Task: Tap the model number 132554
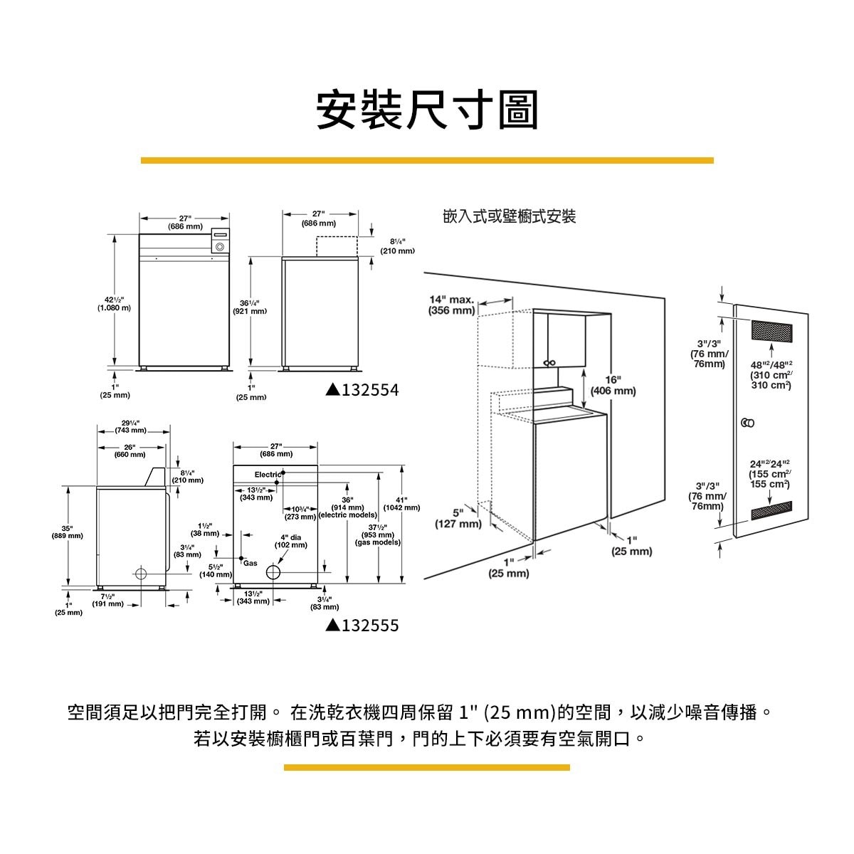coord(362,390)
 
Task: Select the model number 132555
coord(362,626)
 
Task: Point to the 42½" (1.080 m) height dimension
coord(114,304)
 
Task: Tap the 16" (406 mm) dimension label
coord(613,385)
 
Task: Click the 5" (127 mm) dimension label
coord(458,518)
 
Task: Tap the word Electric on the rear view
coord(268,475)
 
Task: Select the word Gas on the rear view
coord(250,563)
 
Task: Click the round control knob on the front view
coord(220,247)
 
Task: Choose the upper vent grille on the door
coord(771,331)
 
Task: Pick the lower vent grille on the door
coord(771,510)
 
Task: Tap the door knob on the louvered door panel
coord(747,423)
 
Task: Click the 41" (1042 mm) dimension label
coord(401,503)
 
